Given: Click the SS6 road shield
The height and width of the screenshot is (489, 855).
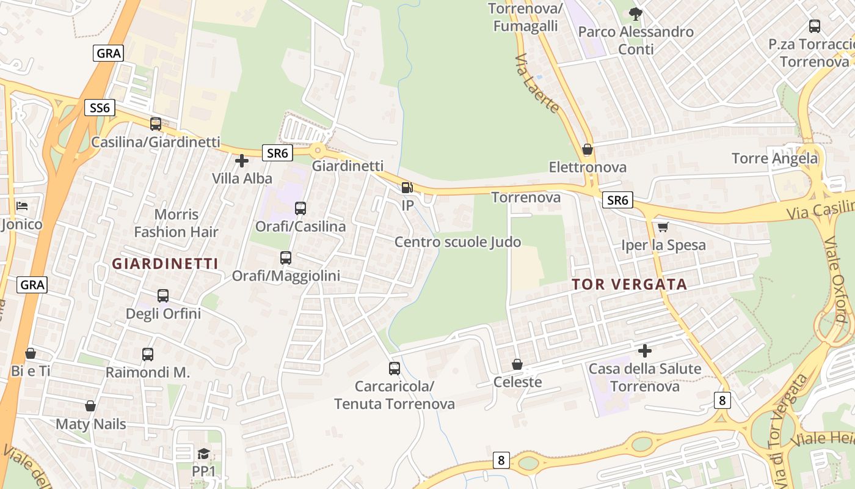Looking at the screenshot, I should point(100,108).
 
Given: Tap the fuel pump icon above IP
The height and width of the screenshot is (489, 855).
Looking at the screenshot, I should point(407,188).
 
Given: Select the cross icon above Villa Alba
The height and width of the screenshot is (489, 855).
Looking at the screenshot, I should point(242,161).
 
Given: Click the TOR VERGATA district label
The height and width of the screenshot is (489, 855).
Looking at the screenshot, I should point(630,284).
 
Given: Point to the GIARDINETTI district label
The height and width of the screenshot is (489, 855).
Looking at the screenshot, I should point(165,263).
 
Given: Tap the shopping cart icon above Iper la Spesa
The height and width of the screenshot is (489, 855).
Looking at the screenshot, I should point(663,227).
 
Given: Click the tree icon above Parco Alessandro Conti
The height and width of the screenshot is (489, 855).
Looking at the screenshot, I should point(636,14).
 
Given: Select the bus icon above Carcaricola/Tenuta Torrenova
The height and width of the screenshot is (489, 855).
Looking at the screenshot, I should point(395,369).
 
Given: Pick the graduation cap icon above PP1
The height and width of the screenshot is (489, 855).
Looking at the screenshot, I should point(203,454).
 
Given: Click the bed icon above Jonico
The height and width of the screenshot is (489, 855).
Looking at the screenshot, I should point(22,206).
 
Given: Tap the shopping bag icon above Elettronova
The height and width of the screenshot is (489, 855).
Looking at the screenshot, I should point(588,149).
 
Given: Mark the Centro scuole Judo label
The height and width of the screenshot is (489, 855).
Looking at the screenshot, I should point(457,242).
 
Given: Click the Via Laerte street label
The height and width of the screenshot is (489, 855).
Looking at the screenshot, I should point(537,84).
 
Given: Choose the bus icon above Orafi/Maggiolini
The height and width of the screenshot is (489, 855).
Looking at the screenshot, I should point(286,258).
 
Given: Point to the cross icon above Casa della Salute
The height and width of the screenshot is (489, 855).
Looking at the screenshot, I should point(645,351).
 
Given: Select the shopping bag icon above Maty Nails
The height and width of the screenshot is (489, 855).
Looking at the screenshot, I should point(90,406).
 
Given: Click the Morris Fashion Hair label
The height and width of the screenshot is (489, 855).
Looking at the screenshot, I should point(176,223).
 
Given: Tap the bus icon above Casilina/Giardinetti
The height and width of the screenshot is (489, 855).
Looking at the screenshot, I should point(156,124).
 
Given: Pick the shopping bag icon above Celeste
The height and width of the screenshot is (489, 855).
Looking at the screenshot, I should point(517,364).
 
